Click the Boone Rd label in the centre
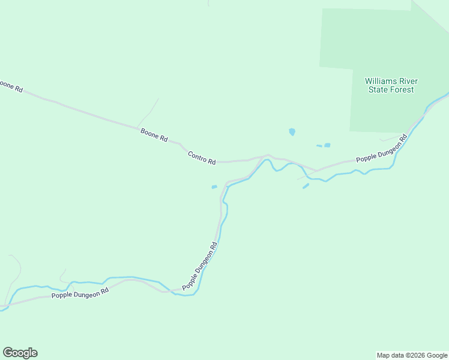[x=154, y=134]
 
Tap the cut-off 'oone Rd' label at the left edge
[x=11, y=85]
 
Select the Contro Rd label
[x=202, y=158]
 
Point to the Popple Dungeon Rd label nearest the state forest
[x=381, y=149]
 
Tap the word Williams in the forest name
[x=382, y=81]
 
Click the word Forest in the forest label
[x=402, y=90]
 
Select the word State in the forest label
[x=379, y=90]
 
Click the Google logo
[x=20, y=353]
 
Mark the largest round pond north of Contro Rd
[x=292, y=131]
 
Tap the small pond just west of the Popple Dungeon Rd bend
[x=214, y=187]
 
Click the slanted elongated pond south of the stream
[x=306, y=187]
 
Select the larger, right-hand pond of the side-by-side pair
[x=327, y=145]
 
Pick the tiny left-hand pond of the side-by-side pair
[x=319, y=145]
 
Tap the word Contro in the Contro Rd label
[x=197, y=156]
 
